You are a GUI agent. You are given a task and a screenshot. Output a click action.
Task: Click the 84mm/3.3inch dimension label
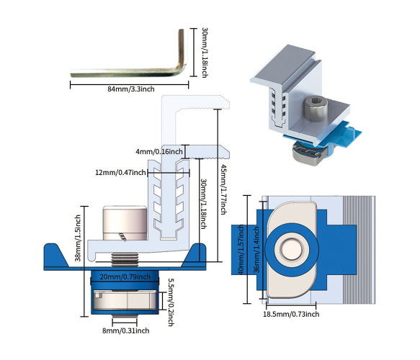coord(131,89)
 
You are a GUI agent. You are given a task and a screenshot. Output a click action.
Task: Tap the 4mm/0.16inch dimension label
coord(159,152)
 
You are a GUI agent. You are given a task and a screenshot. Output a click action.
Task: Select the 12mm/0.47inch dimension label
coord(120,172)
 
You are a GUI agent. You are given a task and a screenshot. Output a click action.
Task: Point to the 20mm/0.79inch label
coord(125,276)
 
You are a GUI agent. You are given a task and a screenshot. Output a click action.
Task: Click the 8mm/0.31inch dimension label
coord(126,330)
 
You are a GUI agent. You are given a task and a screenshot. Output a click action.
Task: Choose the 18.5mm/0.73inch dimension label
coord(291,314)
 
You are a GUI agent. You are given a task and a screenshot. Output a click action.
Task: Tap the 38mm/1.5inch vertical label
coord(78,238)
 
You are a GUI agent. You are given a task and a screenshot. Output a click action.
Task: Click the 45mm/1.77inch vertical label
coord(223,189)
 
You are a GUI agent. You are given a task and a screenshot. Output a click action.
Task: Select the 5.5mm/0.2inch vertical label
coord(170,302)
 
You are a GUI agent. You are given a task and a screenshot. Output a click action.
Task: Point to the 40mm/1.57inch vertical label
coord(241,249)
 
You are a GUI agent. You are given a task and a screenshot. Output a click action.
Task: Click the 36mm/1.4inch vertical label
coord(256,249)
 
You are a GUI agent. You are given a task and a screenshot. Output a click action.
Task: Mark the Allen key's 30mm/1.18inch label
coord(205,53)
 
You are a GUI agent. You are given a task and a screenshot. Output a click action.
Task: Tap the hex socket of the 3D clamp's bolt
coord(316,102)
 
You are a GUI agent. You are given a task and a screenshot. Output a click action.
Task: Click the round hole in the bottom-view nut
coord(292,249)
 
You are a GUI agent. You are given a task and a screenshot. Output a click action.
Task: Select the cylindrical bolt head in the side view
coord(125,222)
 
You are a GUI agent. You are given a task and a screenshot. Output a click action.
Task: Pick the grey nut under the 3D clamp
coord(309,153)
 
